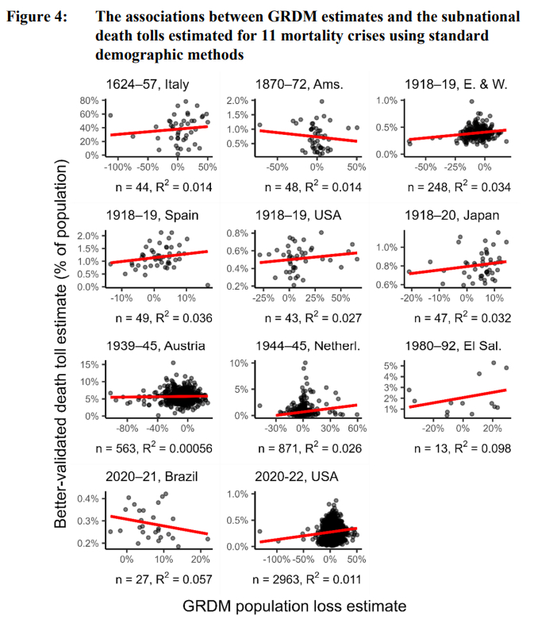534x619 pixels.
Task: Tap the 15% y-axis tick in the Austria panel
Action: (90, 363)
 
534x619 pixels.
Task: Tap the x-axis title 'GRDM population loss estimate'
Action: (294, 606)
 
